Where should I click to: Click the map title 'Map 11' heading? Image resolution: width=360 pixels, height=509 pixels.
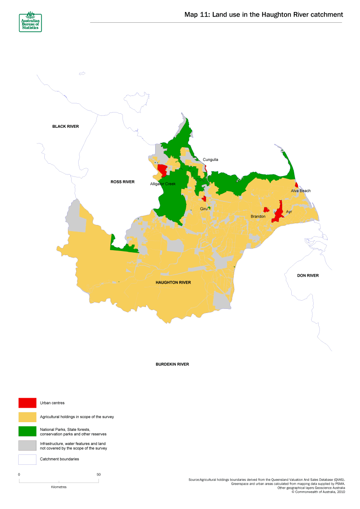pyautogui.click(x=263, y=14)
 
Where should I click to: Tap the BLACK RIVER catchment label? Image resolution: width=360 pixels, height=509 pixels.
pyautogui.click(x=65, y=126)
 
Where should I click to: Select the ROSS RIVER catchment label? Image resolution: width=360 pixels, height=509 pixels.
pyautogui.click(x=122, y=182)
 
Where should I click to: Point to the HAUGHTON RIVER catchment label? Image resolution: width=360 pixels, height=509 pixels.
pyautogui.click(x=173, y=282)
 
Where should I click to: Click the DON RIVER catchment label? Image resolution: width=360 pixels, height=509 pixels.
pyautogui.click(x=308, y=275)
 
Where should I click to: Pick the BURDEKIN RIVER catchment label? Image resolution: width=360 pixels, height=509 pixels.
pyautogui.click(x=172, y=364)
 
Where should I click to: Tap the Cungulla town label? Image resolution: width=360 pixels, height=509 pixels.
pyautogui.click(x=210, y=159)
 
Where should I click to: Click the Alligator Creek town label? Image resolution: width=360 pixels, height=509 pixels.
pyautogui.click(x=163, y=184)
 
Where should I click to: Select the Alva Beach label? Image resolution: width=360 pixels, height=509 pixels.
pyautogui.click(x=300, y=191)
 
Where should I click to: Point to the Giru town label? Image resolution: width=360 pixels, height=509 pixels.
pyautogui.click(x=204, y=209)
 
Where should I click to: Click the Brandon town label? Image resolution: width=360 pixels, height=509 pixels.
pyautogui.click(x=258, y=216)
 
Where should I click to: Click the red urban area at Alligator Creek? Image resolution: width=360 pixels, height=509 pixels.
pyautogui.click(x=162, y=170)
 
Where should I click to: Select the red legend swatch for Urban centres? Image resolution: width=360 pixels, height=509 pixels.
pyautogui.click(x=27, y=403)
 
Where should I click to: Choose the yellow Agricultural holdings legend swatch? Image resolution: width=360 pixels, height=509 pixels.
pyautogui.click(x=27, y=417)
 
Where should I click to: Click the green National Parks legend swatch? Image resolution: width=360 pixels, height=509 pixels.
pyautogui.click(x=27, y=431)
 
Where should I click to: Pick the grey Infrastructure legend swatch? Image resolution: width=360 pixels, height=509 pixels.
pyautogui.click(x=27, y=445)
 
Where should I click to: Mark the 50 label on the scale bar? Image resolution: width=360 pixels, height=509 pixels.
pyautogui.click(x=98, y=474)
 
